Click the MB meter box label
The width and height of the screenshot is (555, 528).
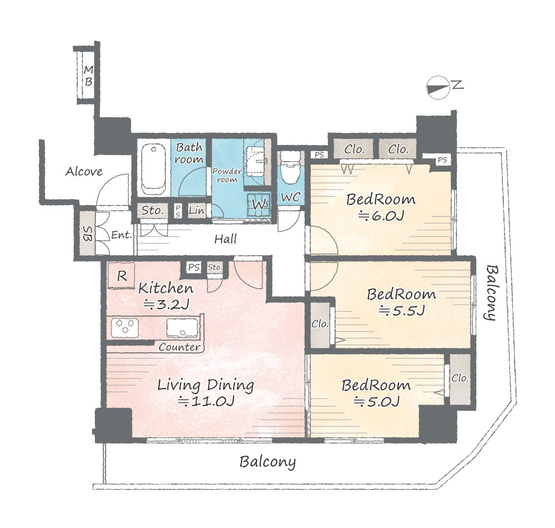click(x=88, y=76)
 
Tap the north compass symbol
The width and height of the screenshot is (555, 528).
click(x=437, y=87)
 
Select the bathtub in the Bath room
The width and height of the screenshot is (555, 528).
click(x=153, y=166)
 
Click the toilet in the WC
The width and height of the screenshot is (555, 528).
click(x=290, y=168)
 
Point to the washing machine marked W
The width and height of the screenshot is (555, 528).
click(x=259, y=205)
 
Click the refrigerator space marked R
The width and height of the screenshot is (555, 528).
click(x=121, y=275)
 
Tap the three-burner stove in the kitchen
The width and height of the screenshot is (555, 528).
click(x=125, y=327)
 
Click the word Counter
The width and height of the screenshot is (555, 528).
click(x=179, y=347)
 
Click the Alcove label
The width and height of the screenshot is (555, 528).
click(x=84, y=172)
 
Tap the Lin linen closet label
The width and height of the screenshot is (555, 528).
click(x=196, y=211)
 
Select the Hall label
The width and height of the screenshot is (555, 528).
click(x=225, y=239)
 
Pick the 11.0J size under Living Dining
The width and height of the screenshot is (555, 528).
click(x=206, y=401)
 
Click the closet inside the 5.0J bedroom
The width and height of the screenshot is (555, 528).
click(x=460, y=379)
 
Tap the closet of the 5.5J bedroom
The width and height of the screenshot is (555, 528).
click(x=320, y=324)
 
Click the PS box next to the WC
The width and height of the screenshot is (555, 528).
click(x=319, y=155)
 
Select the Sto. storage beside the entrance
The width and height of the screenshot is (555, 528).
click(x=152, y=211)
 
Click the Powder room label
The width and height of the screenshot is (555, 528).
click(x=227, y=176)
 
